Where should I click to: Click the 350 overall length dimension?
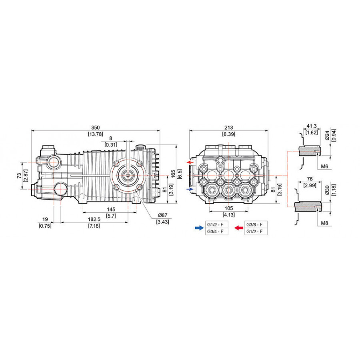click(96, 128)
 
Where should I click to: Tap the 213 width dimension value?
click(229, 128)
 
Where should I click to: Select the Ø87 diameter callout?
click(162, 215)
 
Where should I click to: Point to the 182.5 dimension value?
click(94, 220)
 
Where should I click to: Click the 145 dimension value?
click(111, 209)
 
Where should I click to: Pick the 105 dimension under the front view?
click(229, 208)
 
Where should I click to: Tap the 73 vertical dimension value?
click(19, 176)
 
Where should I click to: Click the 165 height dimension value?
click(173, 174)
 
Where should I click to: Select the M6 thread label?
click(324, 166)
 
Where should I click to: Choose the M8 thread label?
click(324, 223)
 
